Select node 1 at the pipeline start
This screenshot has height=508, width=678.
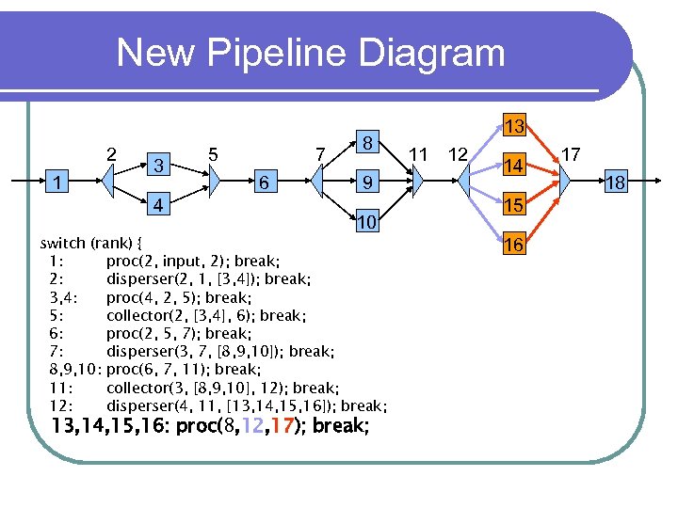(x=59, y=183)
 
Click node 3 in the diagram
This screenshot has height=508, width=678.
(x=160, y=165)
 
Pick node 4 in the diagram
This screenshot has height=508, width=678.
(x=160, y=204)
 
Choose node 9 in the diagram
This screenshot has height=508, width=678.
(x=370, y=183)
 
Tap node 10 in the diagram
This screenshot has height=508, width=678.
(x=368, y=223)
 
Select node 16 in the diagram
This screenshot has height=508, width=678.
(x=513, y=245)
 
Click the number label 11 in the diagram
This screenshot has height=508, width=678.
(x=419, y=153)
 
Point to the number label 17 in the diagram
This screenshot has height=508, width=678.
(x=572, y=153)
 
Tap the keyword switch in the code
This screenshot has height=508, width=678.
(x=64, y=243)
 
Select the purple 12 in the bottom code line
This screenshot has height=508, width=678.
(x=251, y=426)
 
